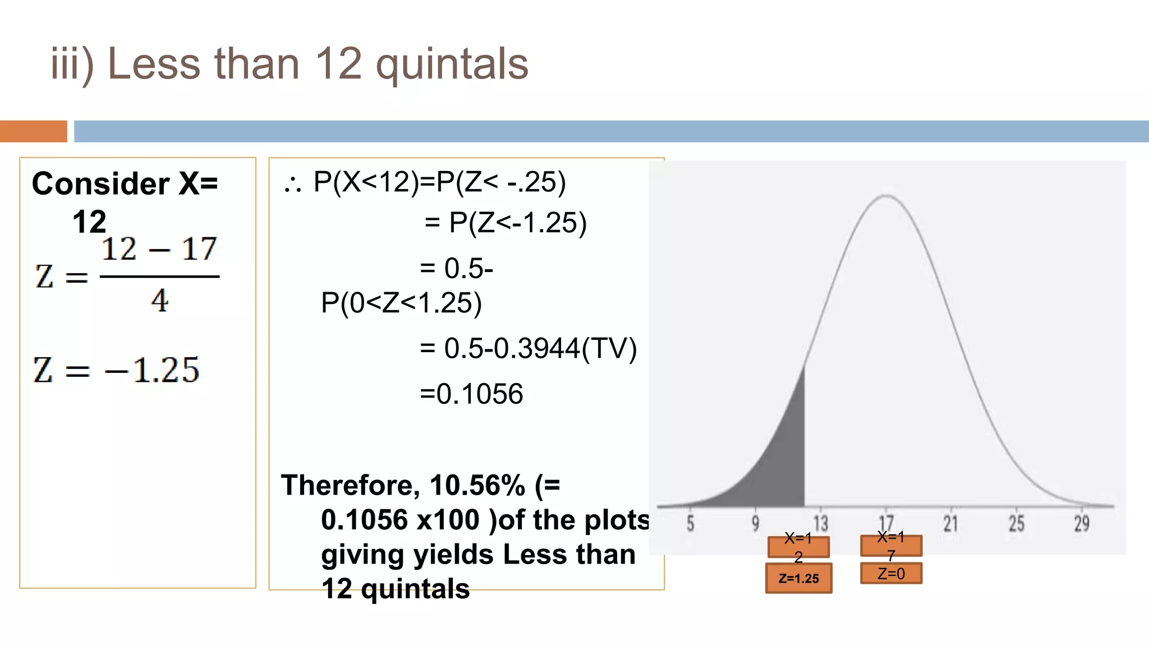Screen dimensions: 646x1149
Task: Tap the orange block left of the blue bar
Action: click(33, 131)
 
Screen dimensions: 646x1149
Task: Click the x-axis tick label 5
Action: click(691, 523)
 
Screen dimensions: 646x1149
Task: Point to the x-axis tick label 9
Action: click(756, 523)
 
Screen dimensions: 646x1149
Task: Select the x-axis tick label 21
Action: click(950, 523)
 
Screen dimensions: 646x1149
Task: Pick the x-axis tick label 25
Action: click(1016, 523)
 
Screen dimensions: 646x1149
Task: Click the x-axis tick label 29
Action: click(1082, 523)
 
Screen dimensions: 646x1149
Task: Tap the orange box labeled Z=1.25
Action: click(798, 578)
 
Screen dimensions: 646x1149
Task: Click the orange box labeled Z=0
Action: click(891, 574)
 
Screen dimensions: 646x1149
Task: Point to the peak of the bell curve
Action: click(885, 196)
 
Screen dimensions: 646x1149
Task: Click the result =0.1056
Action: click(471, 394)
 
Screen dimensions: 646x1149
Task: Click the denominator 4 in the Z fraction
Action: click(159, 301)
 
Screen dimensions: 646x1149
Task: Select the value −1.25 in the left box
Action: click(152, 370)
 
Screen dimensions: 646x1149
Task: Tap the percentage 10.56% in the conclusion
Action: click(477, 485)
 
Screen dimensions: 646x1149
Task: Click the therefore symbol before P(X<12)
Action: click(293, 183)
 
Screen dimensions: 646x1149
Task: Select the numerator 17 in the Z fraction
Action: click(199, 249)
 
